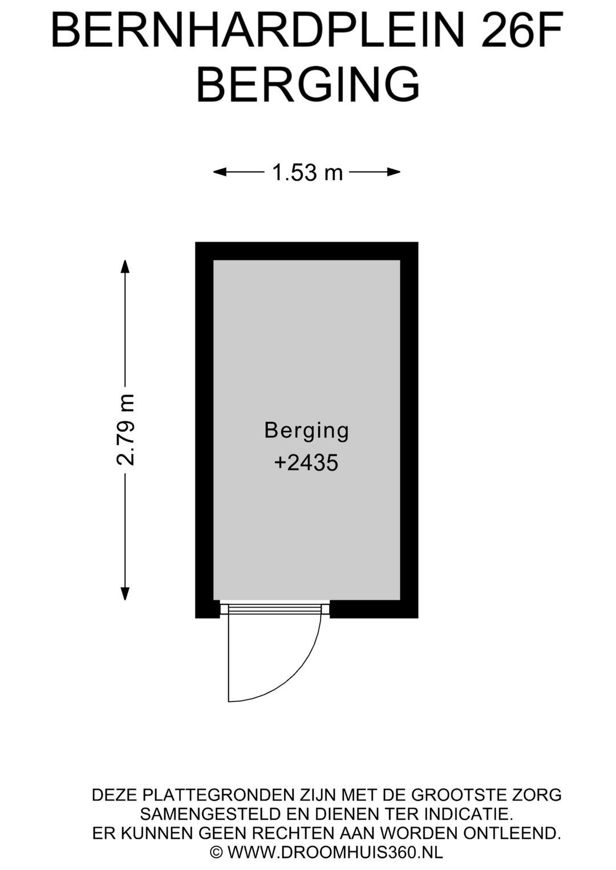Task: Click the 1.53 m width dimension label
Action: click(307, 172)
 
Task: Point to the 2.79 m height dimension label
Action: click(125, 429)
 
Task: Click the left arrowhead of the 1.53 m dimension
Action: click(220, 172)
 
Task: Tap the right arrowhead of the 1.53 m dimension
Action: click(394, 172)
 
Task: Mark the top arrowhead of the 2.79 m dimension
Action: click(125, 267)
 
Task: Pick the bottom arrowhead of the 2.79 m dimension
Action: click(125, 593)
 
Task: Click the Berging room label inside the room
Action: click(307, 431)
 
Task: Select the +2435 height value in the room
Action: click(306, 464)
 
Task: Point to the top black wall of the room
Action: click(307, 251)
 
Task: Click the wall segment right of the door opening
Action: click(374, 609)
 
